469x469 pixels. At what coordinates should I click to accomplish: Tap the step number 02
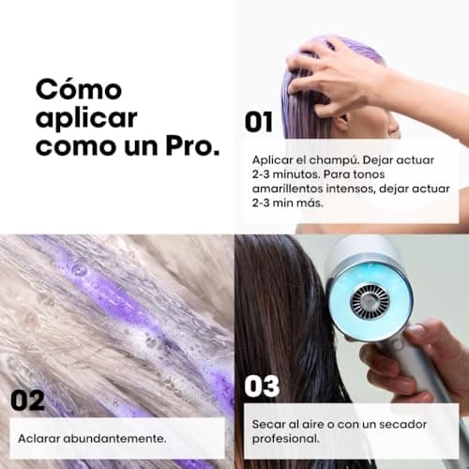click(x=27, y=401)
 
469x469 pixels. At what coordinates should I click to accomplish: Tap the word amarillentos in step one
click(x=288, y=189)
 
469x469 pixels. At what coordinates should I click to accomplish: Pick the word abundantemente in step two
click(x=114, y=439)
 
